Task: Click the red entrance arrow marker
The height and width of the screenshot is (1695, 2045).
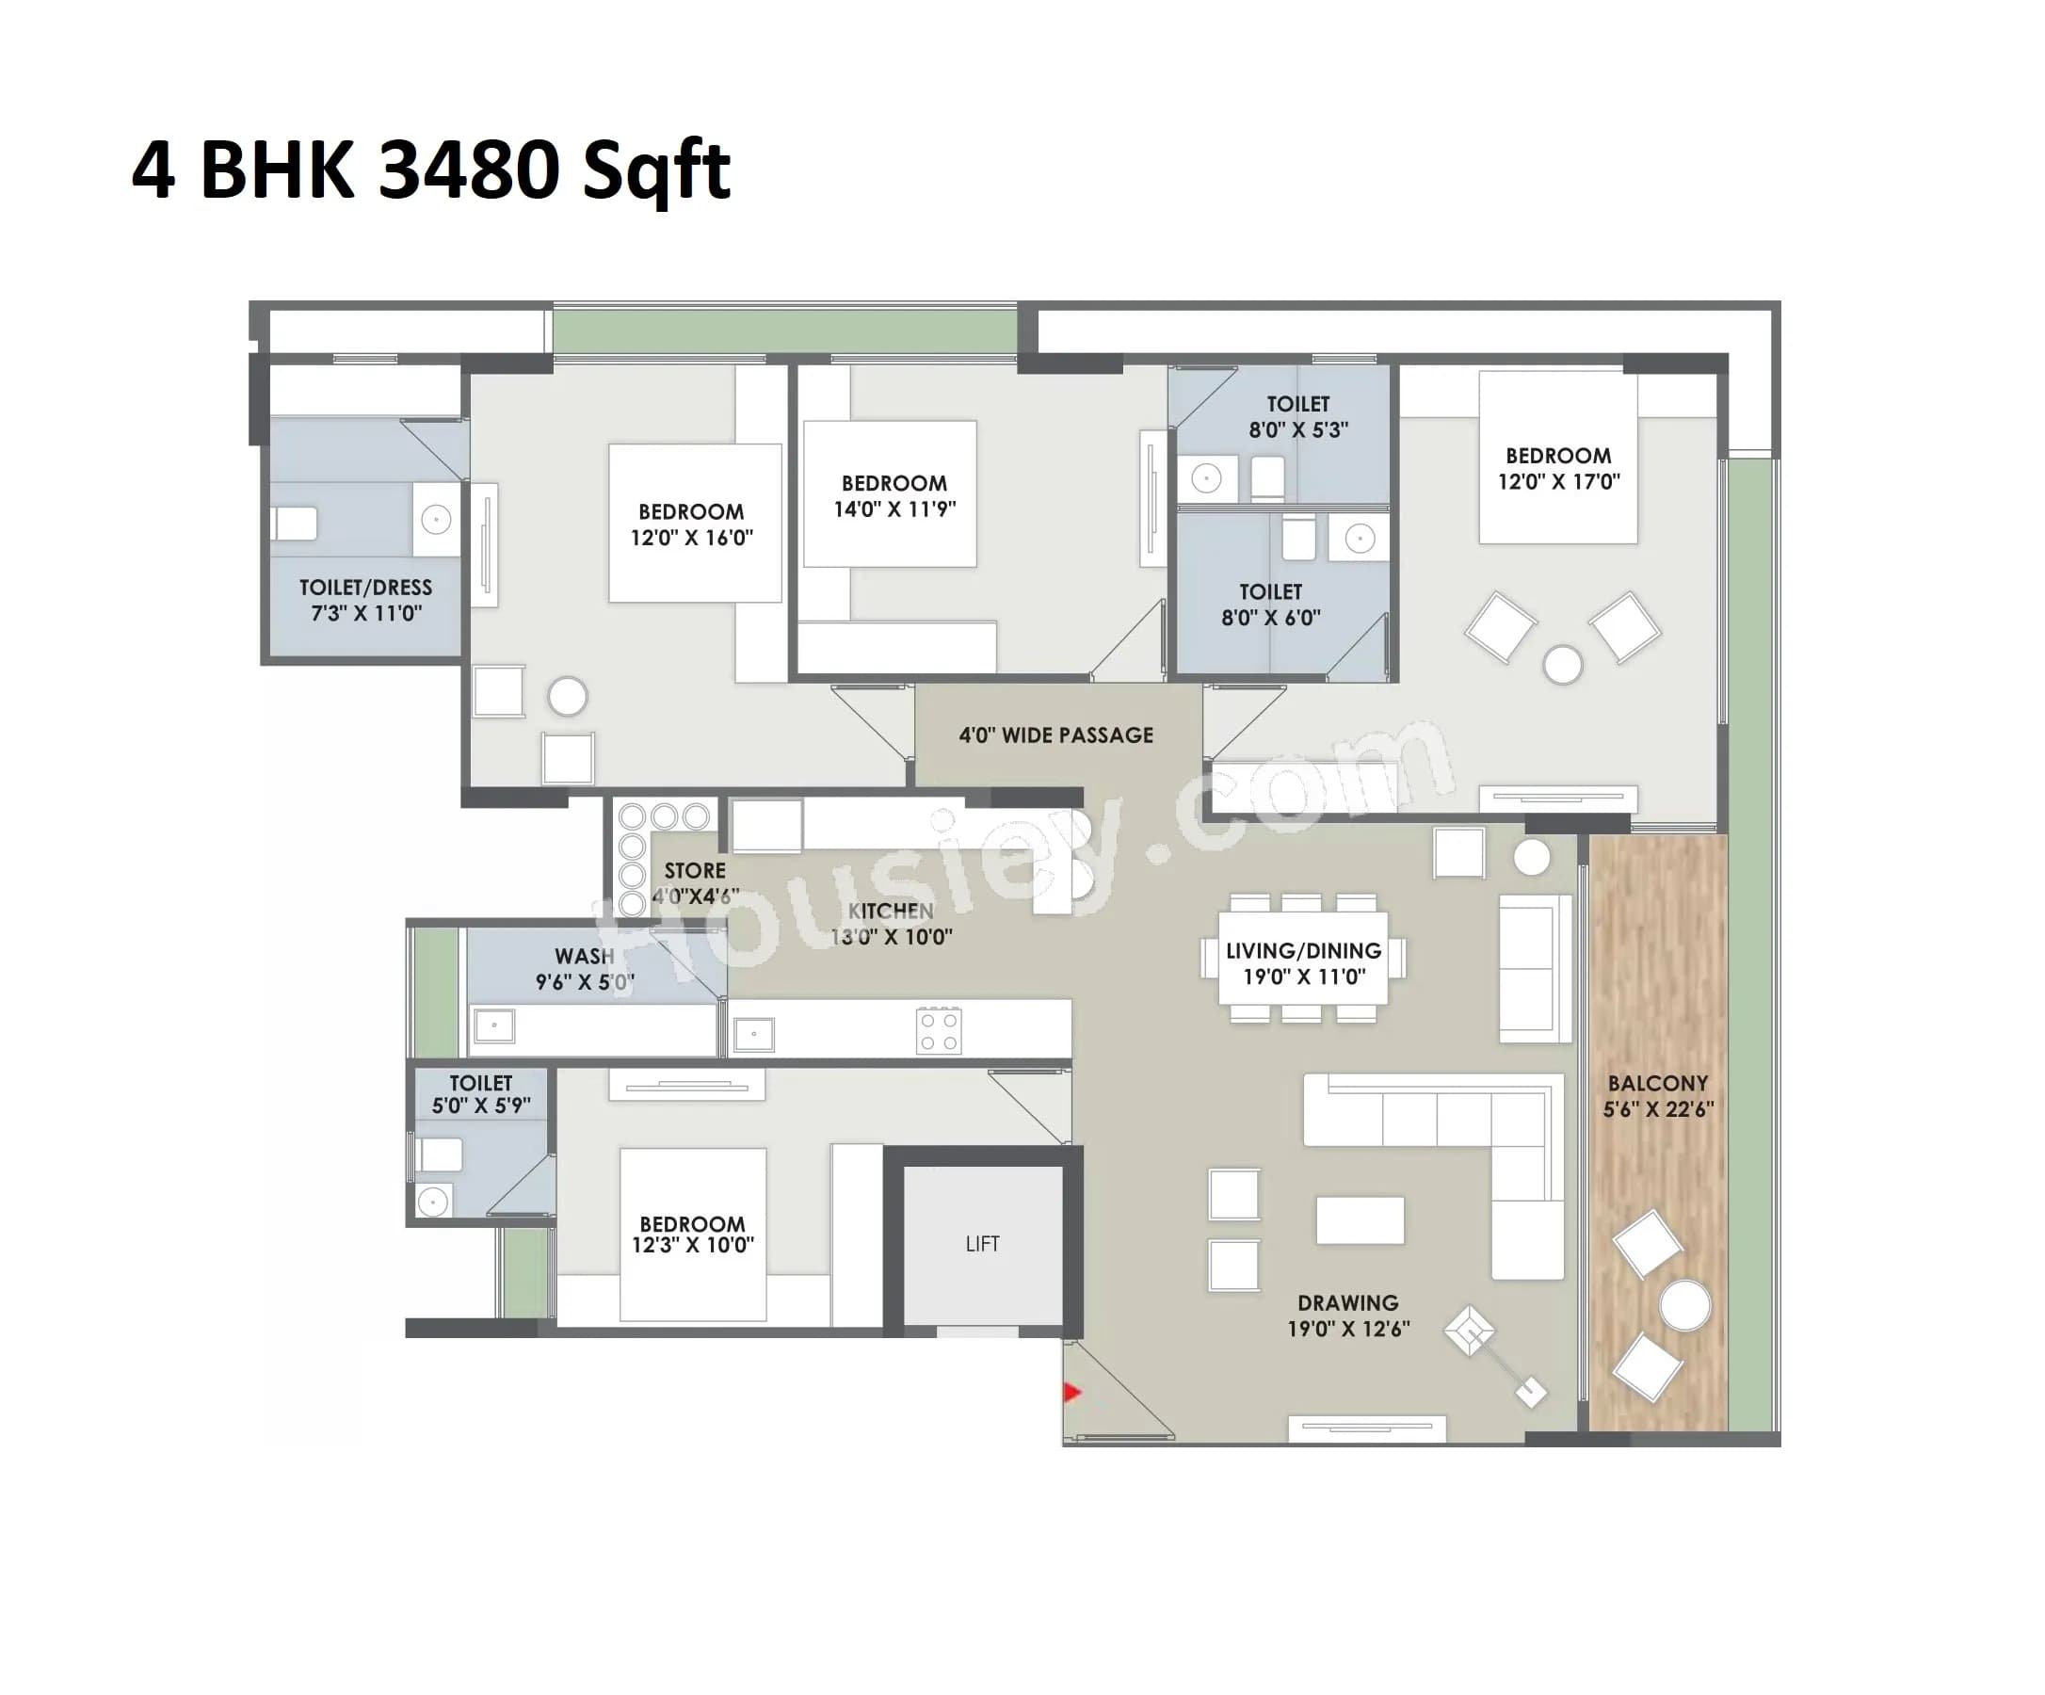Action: click(x=1072, y=1392)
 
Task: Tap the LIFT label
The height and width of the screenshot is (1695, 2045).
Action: click(x=982, y=1244)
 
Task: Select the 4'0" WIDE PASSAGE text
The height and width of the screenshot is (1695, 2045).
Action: click(x=1055, y=735)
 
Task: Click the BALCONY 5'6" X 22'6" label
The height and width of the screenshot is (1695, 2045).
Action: click(x=1658, y=1096)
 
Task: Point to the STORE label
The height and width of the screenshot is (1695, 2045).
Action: click(x=694, y=871)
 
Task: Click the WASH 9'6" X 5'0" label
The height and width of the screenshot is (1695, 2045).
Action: click(x=585, y=969)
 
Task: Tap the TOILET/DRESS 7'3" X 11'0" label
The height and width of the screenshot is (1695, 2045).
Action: click(x=365, y=600)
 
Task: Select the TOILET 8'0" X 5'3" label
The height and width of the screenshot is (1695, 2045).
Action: click(x=1298, y=417)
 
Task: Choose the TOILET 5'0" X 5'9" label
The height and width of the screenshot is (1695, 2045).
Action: click(x=480, y=1094)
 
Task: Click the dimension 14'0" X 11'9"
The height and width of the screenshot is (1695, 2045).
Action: click(x=894, y=509)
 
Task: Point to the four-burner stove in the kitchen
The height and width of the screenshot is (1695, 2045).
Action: click(x=939, y=1032)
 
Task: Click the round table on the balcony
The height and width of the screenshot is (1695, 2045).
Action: click(x=1684, y=1305)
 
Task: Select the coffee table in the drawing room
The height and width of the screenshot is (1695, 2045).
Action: click(x=1360, y=1220)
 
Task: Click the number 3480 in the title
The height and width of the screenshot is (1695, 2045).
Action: click(x=468, y=169)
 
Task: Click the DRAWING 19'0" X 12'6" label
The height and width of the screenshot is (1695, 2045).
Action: click(x=1347, y=1316)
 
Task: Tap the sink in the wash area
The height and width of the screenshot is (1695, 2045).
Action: click(x=494, y=1025)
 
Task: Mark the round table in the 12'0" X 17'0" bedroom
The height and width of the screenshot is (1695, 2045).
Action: click(x=1562, y=667)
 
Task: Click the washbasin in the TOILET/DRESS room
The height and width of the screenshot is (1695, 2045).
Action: click(x=435, y=520)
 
